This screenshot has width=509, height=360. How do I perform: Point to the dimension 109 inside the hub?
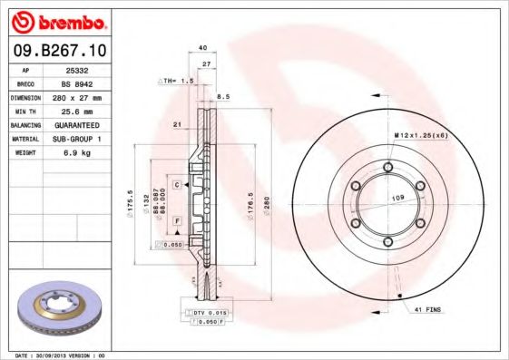click(x=396, y=196)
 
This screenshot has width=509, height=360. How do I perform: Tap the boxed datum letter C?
click(x=177, y=184)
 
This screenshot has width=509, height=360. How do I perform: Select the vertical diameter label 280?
click(x=266, y=204)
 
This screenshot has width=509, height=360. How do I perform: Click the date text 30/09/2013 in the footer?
click(x=63, y=355)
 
